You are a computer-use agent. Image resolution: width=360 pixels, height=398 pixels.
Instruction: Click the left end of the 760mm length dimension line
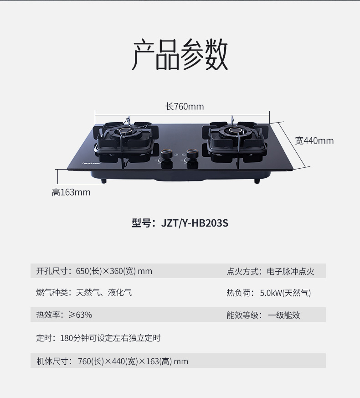95,115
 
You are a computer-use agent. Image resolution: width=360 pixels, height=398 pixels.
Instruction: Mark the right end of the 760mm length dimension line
269,115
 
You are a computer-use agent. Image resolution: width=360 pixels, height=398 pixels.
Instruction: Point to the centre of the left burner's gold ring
125,131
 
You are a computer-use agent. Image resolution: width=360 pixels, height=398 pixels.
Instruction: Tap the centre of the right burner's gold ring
233,131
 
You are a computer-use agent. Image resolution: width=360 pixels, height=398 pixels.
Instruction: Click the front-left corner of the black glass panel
67,169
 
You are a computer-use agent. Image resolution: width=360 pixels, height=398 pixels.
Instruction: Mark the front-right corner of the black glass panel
293,169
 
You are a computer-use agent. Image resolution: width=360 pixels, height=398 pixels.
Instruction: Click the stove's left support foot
103,181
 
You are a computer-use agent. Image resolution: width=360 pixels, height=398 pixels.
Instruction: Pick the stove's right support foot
257,181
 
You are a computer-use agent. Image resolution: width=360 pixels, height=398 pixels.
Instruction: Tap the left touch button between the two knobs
176,155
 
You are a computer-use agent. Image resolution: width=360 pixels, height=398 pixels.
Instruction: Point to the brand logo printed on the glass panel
92,163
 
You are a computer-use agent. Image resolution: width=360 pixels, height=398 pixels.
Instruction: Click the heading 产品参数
180,55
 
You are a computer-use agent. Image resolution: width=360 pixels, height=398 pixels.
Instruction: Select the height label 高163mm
71,192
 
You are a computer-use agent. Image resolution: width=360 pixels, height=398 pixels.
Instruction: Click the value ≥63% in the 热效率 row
80,315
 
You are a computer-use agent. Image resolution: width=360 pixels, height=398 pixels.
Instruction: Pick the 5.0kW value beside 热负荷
271,293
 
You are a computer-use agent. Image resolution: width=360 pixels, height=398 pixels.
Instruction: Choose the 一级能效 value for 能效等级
284,315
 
